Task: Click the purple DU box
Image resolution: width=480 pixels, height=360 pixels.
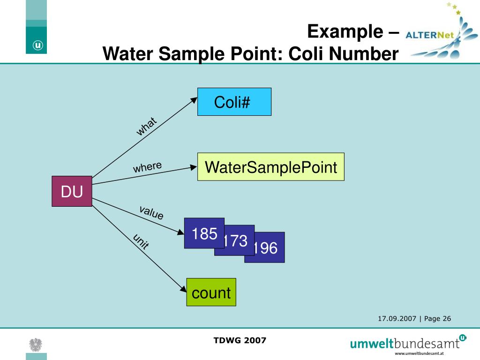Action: point(72,191)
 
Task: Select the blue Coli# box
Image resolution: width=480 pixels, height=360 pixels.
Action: point(234,102)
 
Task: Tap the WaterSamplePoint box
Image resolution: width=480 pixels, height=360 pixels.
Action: point(270,167)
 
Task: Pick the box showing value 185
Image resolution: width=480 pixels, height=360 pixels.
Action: point(204,233)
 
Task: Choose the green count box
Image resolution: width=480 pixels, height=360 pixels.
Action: point(211,292)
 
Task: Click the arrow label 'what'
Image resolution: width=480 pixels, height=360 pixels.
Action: point(146,127)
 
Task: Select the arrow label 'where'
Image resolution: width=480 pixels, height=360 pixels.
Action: point(147,167)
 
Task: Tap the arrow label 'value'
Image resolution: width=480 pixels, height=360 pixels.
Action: point(151,212)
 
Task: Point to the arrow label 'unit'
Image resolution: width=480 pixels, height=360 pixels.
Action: point(141,241)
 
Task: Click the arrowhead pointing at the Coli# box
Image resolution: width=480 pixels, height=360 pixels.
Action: point(194,100)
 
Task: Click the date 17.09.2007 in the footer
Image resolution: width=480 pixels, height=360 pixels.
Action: point(397,319)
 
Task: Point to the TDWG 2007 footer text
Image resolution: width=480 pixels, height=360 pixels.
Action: point(240,340)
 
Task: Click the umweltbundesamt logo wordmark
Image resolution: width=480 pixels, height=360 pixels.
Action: point(405,344)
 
